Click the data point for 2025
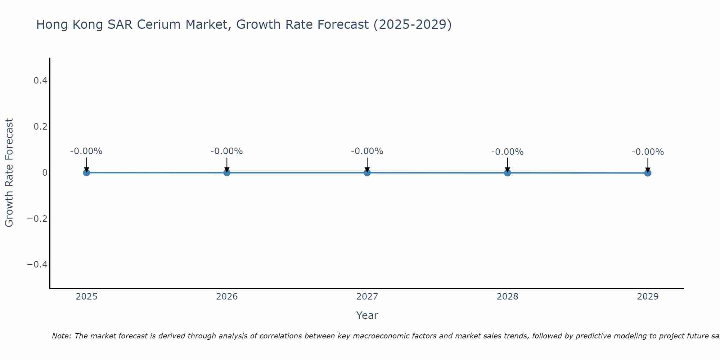click(x=86, y=172)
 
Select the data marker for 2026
click(x=227, y=172)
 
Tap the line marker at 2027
click(x=367, y=172)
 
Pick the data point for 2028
click(x=507, y=173)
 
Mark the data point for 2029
click(x=648, y=173)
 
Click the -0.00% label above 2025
click(x=86, y=151)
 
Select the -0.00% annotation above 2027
click(x=367, y=151)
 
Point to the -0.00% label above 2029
click(x=648, y=152)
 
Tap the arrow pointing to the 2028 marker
click(x=507, y=165)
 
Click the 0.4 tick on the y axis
click(x=40, y=81)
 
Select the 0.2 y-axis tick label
click(x=40, y=127)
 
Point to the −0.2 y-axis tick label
click(x=37, y=219)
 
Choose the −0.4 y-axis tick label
click(x=37, y=265)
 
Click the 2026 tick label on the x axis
click(x=227, y=297)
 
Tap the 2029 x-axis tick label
click(x=648, y=297)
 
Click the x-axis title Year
click(x=367, y=315)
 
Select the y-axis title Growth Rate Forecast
click(x=9, y=173)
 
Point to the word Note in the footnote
click(x=61, y=336)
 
